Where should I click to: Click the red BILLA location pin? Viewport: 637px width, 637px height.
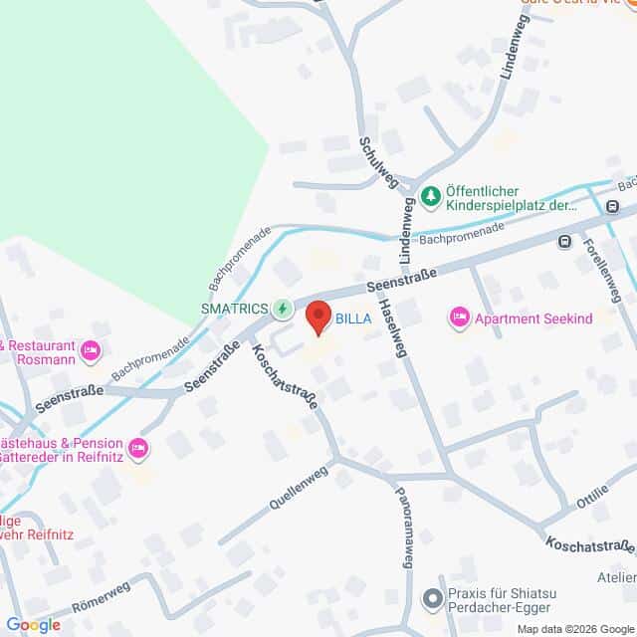click(318, 317)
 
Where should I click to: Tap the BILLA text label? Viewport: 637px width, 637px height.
click(354, 319)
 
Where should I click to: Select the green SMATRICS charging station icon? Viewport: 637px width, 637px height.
click(283, 309)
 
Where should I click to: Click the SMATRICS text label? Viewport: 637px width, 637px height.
click(234, 309)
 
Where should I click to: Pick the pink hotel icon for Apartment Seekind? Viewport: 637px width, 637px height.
click(460, 317)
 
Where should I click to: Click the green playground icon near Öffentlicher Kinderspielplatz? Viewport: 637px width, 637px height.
click(430, 197)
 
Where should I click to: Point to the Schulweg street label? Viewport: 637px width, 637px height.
click(379, 155)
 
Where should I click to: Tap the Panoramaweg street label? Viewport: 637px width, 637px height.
click(405, 527)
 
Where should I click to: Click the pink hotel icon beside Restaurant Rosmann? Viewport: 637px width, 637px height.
click(91, 349)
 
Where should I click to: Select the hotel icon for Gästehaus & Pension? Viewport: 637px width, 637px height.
click(138, 450)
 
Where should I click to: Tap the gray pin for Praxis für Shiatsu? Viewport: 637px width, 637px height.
click(432, 598)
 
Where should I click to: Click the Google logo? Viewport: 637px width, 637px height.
click(33, 625)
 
